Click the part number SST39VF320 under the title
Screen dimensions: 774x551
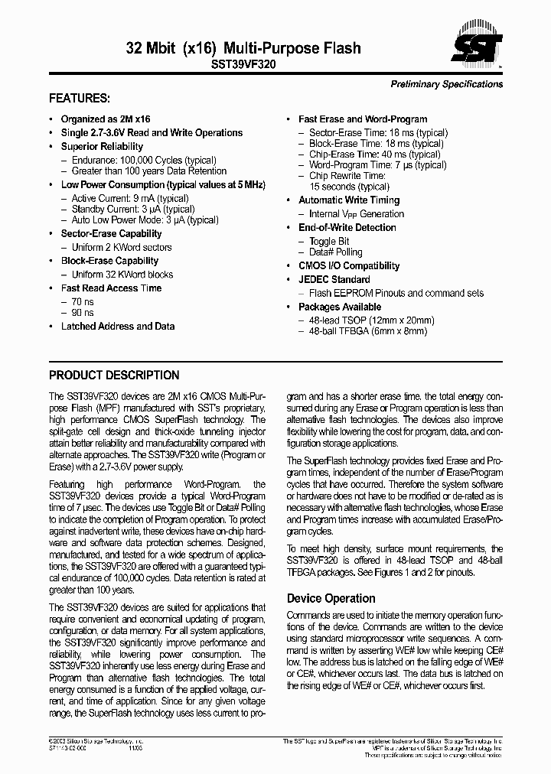point(243,66)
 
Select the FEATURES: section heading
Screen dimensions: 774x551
point(80,99)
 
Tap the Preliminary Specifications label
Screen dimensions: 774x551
point(446,84)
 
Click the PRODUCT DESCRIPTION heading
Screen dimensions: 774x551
point(114,376)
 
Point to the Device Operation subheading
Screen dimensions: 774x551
point(331,598)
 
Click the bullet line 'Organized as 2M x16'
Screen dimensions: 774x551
point(106,119)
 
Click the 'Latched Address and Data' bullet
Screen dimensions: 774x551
point(118,327)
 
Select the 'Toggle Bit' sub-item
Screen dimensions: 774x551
point(329,241)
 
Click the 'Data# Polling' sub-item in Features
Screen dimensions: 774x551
point(335,252)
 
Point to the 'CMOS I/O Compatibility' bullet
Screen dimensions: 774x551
point(349,266)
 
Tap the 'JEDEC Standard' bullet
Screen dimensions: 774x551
point(334,280)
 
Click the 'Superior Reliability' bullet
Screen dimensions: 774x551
point(102,147)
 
